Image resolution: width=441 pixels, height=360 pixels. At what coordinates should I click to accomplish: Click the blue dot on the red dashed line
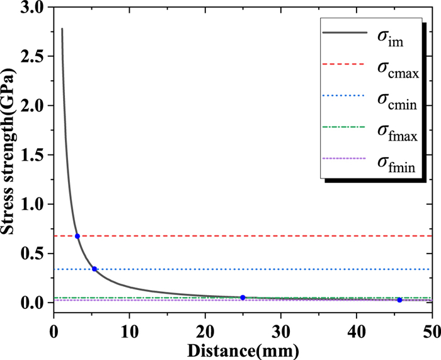point(77,236)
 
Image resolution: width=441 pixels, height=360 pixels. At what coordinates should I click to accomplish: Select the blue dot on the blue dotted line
point(94,269)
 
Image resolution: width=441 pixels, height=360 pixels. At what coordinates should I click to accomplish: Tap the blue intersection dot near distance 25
point(243,298)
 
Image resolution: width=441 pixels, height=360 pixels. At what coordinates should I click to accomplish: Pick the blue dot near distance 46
point(399,300)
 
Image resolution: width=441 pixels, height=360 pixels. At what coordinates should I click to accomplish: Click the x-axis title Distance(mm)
point(243,347)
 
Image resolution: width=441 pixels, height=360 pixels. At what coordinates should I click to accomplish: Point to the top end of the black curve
point(62,29)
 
